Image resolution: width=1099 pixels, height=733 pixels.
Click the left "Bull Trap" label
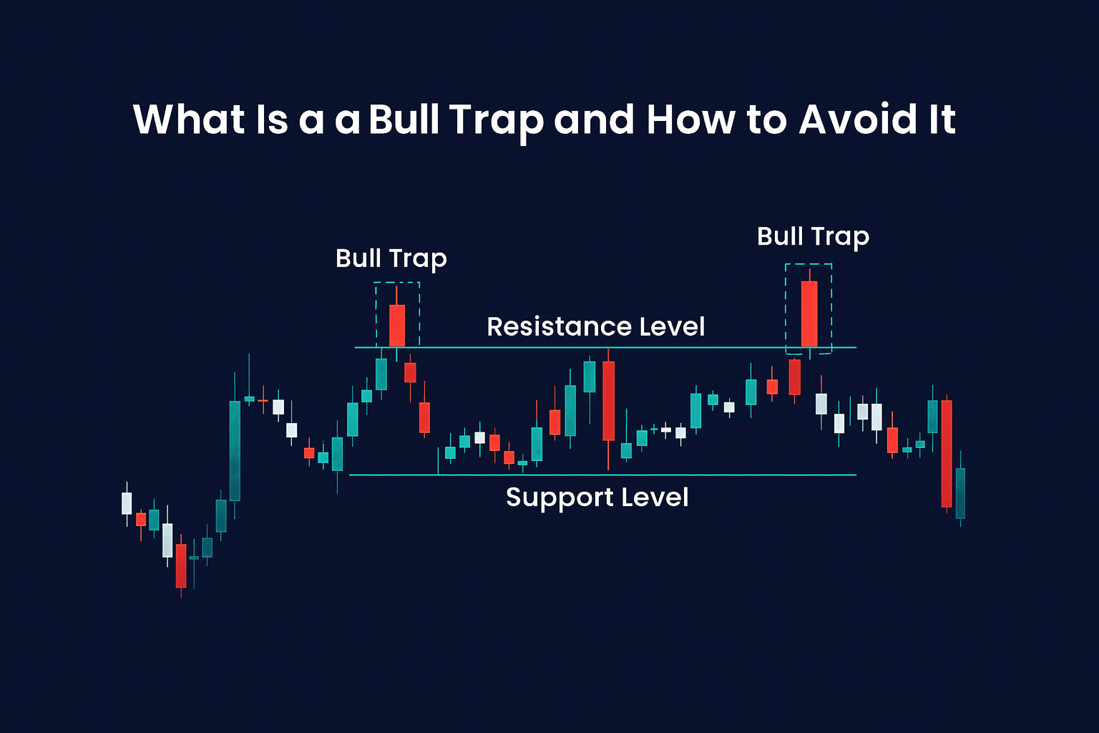391,258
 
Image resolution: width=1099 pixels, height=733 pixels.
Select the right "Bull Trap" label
813,236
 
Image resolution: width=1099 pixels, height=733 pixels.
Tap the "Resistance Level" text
595,327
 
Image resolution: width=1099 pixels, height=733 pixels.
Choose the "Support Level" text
597,497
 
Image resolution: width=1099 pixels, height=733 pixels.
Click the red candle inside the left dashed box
396,325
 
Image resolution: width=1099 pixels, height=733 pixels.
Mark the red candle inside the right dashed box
809,314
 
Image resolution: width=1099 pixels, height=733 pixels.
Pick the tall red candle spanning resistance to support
608,401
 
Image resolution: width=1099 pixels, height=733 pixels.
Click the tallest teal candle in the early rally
235,450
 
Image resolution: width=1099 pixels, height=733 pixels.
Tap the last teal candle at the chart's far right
960,493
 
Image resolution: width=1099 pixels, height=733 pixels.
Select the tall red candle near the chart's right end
947,453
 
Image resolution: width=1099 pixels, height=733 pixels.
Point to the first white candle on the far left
127,503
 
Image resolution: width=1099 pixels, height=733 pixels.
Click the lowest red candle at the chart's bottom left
181,565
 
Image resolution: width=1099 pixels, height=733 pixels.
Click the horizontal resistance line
501,348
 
